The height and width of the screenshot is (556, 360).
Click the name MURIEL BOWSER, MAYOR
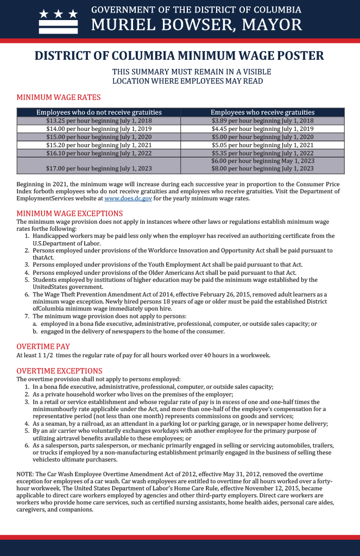point(197,25)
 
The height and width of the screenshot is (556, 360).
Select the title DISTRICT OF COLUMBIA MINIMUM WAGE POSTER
point(180,56)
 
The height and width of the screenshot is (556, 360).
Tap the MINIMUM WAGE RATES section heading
point(59,98)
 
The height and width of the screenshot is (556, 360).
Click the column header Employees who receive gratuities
point(262,112)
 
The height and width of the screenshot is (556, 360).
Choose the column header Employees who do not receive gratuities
point(99,112)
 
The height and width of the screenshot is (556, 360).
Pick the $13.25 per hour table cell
point(99,121)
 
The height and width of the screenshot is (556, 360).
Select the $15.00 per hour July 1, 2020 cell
point(99,137)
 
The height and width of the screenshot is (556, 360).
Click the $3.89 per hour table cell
point(262,121)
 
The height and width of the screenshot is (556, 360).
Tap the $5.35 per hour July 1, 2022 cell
point(262,153)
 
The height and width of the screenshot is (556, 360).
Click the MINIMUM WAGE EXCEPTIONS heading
point(70,213)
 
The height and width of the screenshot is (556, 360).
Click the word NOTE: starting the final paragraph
point(25,474)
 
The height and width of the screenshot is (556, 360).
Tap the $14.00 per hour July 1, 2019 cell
point(99,129)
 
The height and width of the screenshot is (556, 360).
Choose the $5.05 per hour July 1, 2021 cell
point(262,145)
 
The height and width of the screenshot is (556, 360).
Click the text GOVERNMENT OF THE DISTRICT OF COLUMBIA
point(196,10)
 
